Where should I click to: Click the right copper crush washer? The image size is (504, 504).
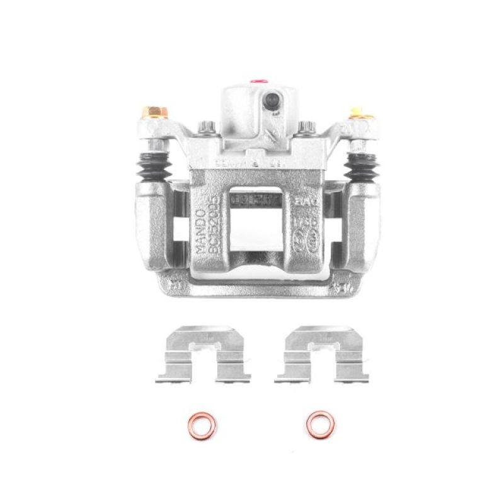[x=319, y=427]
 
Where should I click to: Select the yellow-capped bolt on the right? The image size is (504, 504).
[x=357, y=115]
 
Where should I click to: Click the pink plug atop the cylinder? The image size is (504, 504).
[x=257, y=81]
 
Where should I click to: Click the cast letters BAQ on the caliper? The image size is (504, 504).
[x=305, y=203]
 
